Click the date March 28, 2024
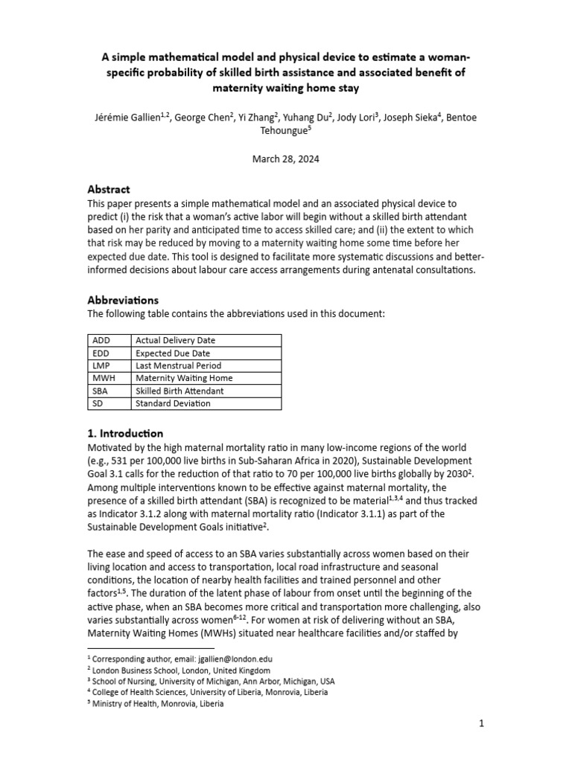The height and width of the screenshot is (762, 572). [286, 159]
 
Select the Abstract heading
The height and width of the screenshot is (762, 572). [109, 190]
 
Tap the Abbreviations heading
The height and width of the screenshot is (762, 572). [123, 300]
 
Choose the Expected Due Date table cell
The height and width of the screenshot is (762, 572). [173, 353]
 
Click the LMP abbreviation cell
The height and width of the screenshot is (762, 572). [101, 366]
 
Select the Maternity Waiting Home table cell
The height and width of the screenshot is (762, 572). [184, 378]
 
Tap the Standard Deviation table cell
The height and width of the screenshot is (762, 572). [173, 403]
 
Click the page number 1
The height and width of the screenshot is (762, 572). [482, 723]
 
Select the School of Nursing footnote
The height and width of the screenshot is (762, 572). [213, 681]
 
